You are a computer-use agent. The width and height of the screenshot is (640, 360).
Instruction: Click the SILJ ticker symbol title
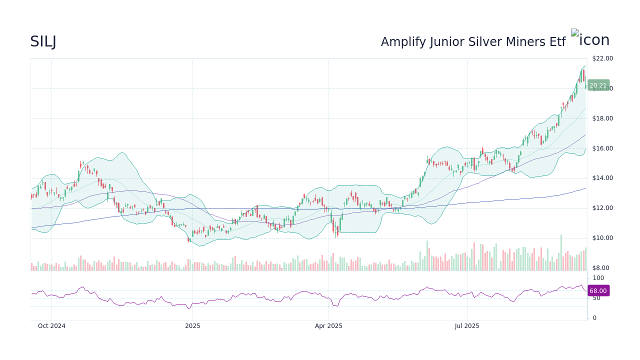tap(43, 42)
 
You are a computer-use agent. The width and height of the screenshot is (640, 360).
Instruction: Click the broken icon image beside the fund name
tap(574, 33)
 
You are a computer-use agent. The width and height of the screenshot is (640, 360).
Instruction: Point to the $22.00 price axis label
tap(602, 58)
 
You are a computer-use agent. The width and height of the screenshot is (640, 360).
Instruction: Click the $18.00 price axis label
tap(602, 118)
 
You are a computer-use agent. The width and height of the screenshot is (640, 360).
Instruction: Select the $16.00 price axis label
tap(602, 148)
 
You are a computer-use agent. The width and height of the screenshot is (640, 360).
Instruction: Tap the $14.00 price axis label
tap(602, 178)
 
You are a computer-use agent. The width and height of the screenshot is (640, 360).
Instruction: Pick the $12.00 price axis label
tap(602, 208)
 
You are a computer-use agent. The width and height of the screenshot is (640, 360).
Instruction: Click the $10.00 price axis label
tap(602, 238)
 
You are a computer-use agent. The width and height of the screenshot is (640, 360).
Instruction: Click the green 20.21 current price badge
tap(598, 85)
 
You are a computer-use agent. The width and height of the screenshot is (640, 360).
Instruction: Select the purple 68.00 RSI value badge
tap(598, 291)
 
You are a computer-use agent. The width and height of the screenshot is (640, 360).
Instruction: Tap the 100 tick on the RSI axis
tap(598, 278)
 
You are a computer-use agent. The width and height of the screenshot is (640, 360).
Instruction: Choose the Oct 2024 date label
tap(51, 326)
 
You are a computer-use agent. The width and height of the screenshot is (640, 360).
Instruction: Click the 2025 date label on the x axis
tap(192, 326)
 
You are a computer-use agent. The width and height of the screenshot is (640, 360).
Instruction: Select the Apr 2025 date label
tap(328, 326)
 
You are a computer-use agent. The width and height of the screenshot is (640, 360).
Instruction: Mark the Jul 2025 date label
tap(467, 326)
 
